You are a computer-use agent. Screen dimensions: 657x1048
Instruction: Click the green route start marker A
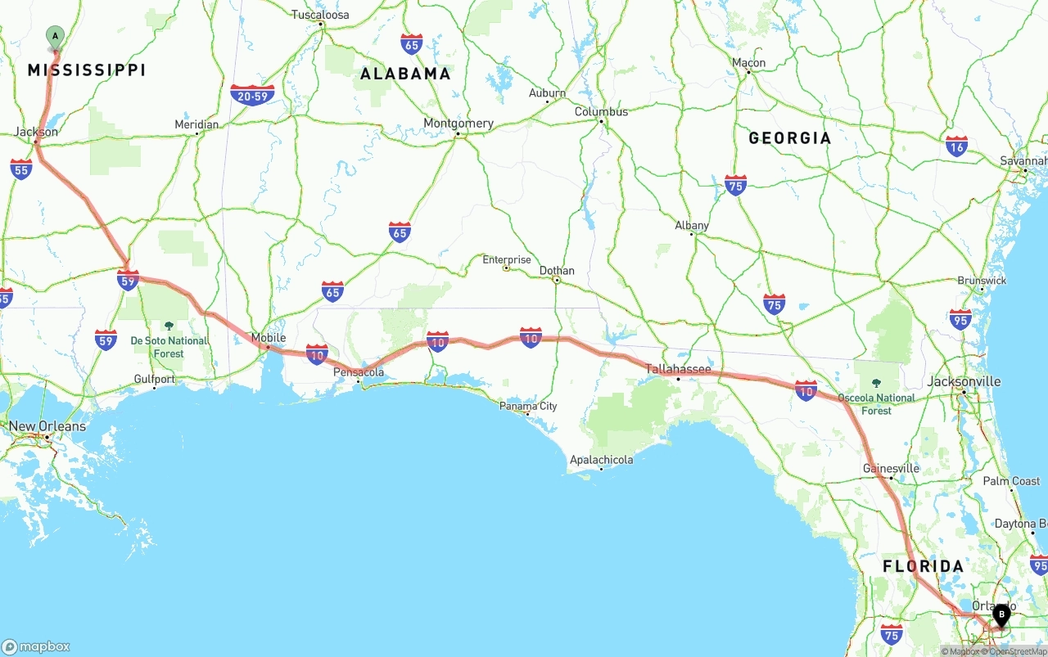click(x=55, y=36)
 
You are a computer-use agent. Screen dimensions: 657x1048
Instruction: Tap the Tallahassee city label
click(x=678, y=369)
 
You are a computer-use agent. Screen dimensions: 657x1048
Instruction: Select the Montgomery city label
click(x=458, y=124)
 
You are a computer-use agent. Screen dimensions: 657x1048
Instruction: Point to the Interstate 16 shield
click(x=956, y=146)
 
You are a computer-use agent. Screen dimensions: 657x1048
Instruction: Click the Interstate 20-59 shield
click(x=252, y=96)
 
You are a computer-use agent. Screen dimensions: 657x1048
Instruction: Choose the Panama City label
click(x=529, y=406)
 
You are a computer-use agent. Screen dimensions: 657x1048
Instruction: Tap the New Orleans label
click(x=47, y=426)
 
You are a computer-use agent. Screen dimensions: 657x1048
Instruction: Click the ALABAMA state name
click(x=406, y=74)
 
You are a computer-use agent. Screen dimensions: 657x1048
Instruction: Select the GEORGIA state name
click(x=789, y=137)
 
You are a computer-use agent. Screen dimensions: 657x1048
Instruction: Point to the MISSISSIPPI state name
click(x=87, y=70)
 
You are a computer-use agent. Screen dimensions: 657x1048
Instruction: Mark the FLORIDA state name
click(x=923, y=566)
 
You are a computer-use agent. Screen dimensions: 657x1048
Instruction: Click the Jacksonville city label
click(x=964, y=381)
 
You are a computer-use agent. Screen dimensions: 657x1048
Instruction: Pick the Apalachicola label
click(x=601, y=460)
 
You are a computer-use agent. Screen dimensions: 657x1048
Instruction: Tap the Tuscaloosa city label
click(x=320, y=15)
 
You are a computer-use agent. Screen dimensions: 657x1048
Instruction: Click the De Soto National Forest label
click(x=169, y=346)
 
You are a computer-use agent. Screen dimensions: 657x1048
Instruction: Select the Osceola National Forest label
click(x=876, y=403)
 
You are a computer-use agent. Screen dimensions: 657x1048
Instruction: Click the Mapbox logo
click(x=36, y=646)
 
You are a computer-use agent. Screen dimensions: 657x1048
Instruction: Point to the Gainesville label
click(x=891, y=469)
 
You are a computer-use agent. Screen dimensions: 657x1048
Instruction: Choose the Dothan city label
click(x=557, y=271)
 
